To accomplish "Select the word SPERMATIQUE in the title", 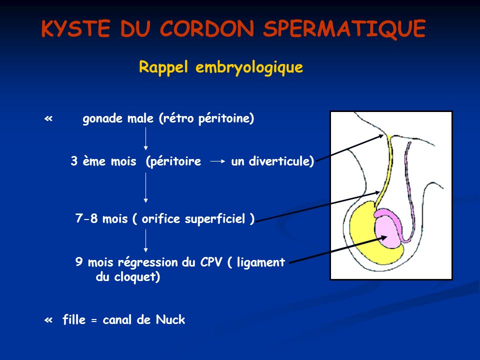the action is point(344,29).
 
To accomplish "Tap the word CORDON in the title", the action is point(207,28).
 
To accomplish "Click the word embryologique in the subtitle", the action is point(249,67).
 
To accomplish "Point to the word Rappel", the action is point(163,67).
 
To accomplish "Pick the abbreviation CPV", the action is point(211,262).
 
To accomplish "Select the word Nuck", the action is point(170,320).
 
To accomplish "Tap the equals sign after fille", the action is point(94,320).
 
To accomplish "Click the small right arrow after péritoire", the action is point(218,161).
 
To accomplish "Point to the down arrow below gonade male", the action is point(145,138).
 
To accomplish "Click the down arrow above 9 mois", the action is point(145,241).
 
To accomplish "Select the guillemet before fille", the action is point(48,320).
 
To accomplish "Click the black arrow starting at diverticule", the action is point(349,148).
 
